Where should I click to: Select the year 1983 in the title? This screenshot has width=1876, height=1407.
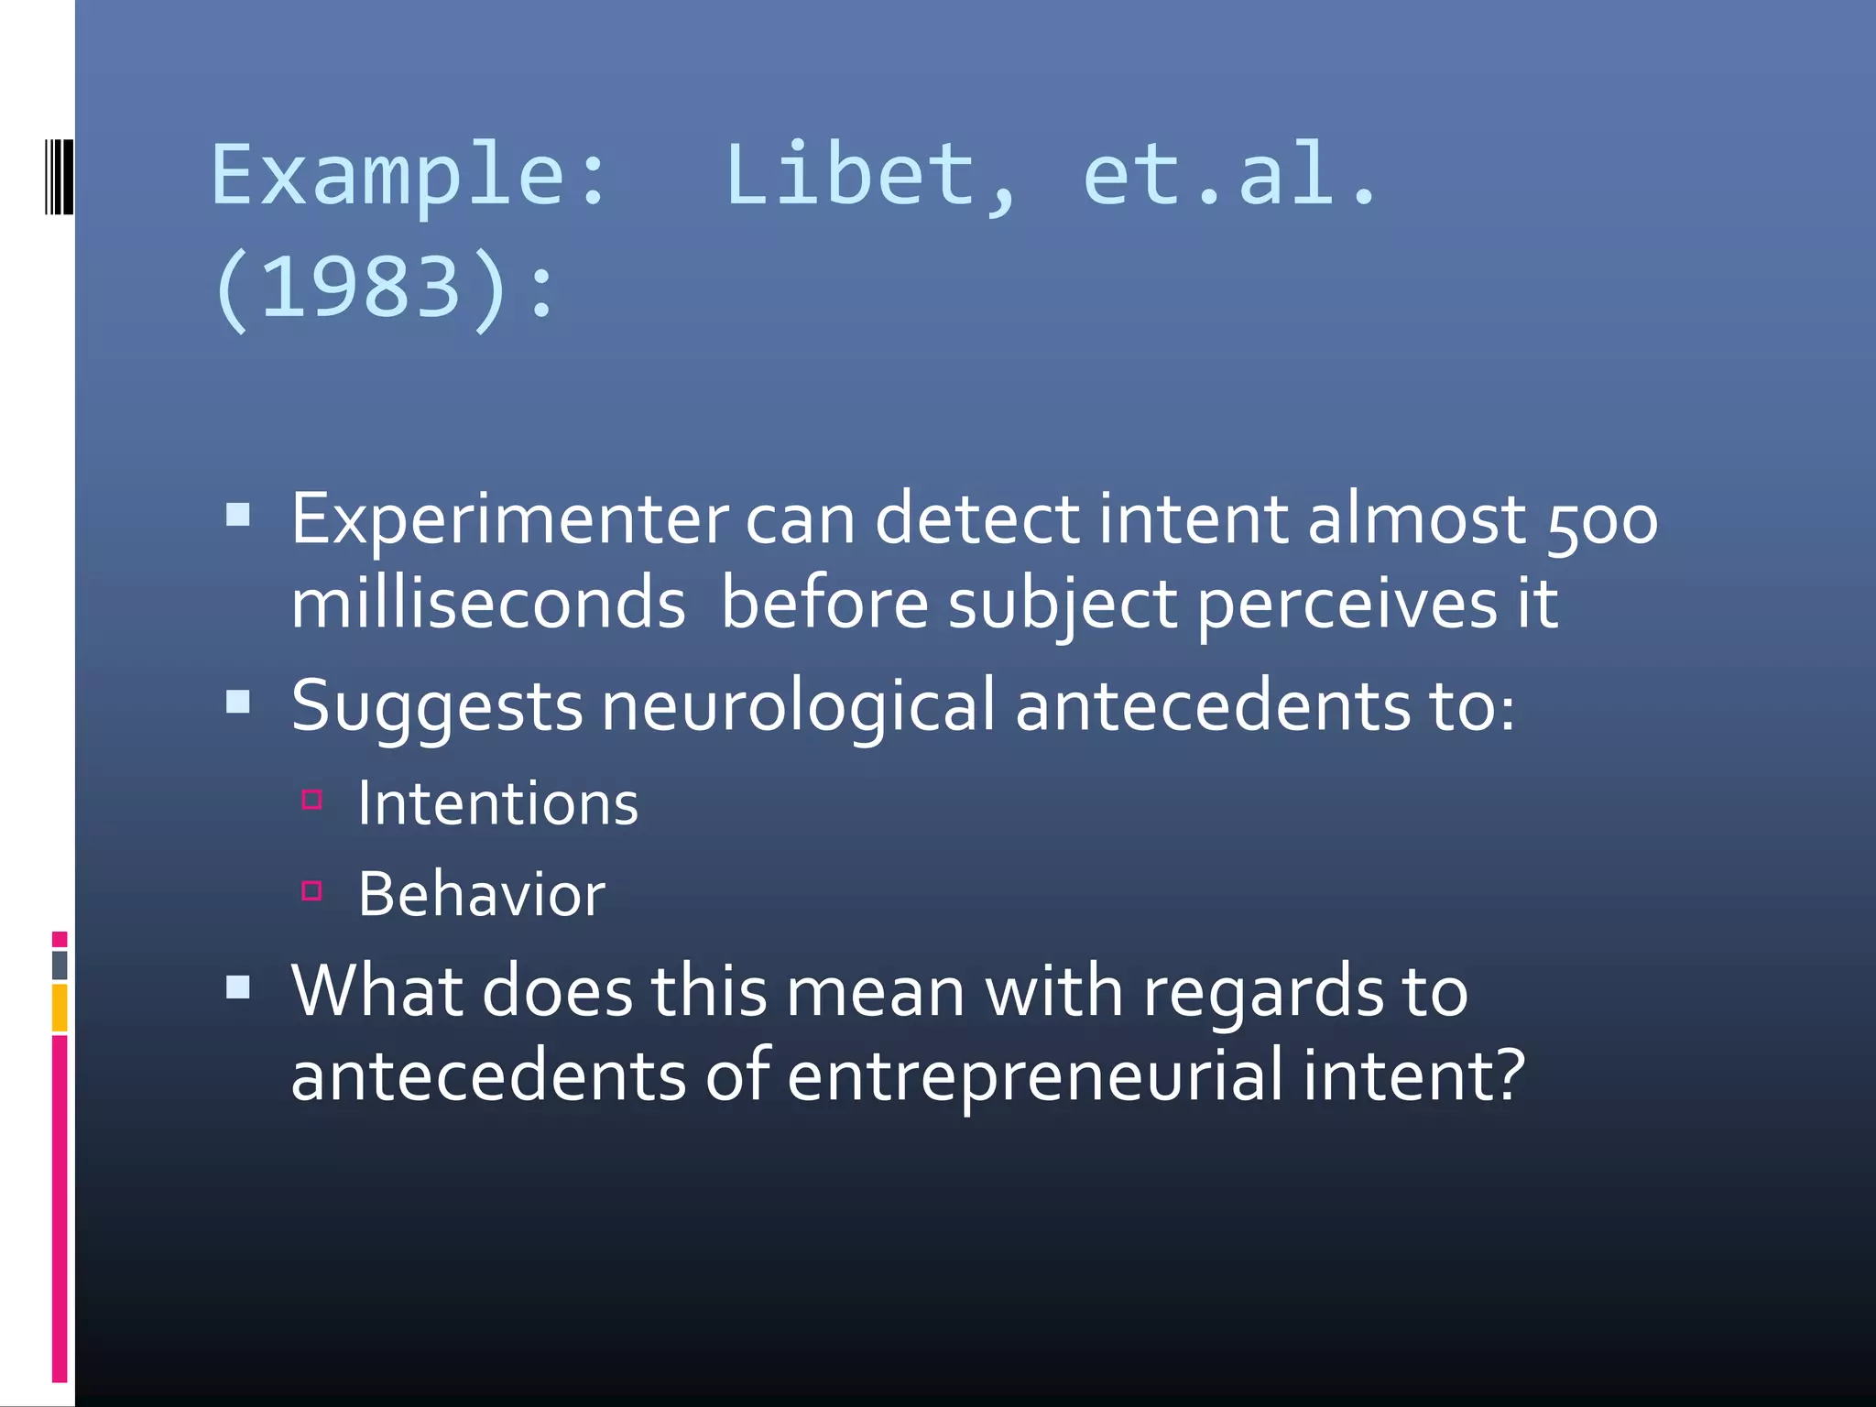coord(360,288)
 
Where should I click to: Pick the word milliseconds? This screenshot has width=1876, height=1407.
coord(487,605)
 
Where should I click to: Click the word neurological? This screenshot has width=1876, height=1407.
coord(797,706)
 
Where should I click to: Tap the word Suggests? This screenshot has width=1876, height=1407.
coord(436,708)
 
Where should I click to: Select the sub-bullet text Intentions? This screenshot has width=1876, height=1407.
coord(497,804)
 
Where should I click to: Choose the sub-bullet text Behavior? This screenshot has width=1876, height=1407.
coord(481,895)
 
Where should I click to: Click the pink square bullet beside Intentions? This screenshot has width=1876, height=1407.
coord(311,800)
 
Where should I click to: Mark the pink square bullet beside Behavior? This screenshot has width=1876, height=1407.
coord(311,890)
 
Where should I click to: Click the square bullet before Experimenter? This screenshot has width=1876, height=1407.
coord(238,514)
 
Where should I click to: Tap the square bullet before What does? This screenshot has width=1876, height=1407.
coord(238,987)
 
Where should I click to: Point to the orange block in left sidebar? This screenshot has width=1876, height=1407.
coord(60,1007)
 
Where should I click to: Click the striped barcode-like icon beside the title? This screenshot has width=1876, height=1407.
coord(58,176)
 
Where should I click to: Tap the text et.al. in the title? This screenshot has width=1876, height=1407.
coord(1228,176)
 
